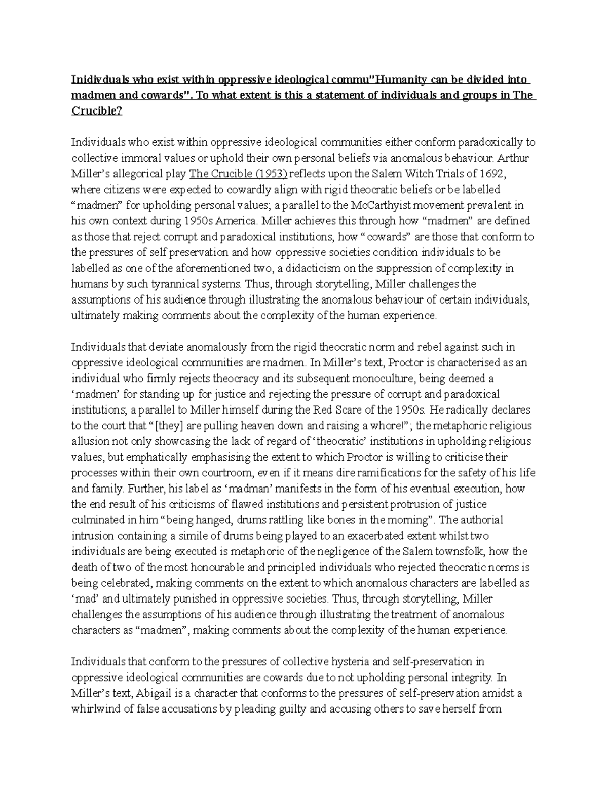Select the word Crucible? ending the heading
[x=96, y=111]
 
